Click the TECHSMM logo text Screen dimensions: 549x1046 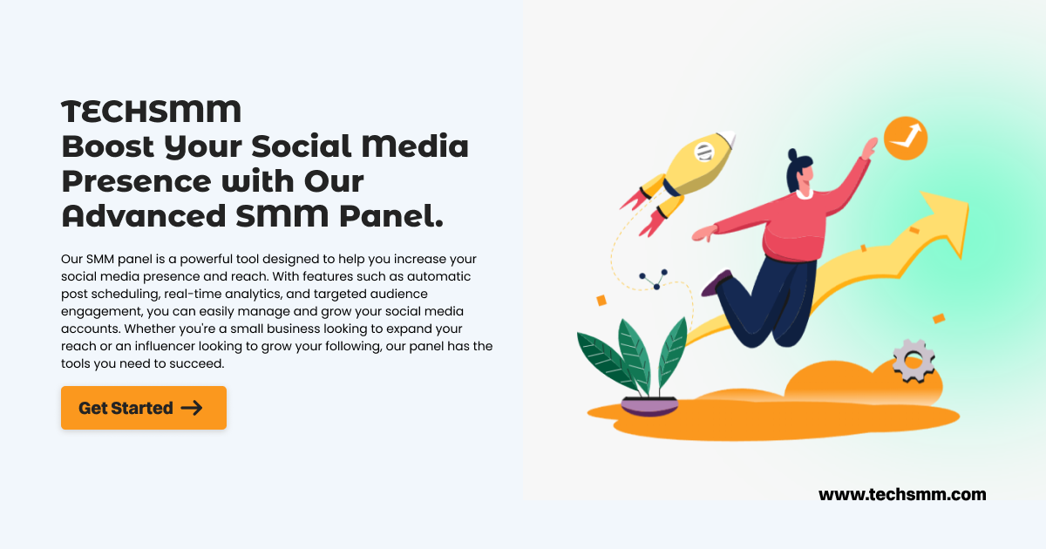(x=151, y=112)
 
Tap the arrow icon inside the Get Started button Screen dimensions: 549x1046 (x=192, y=408)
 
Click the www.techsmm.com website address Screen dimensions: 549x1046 (x=902, y=495)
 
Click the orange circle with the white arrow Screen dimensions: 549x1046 (x=905, y=138)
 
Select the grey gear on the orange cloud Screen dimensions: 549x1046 (x=914, y=360)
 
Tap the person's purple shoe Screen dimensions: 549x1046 (x=717, y=283)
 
